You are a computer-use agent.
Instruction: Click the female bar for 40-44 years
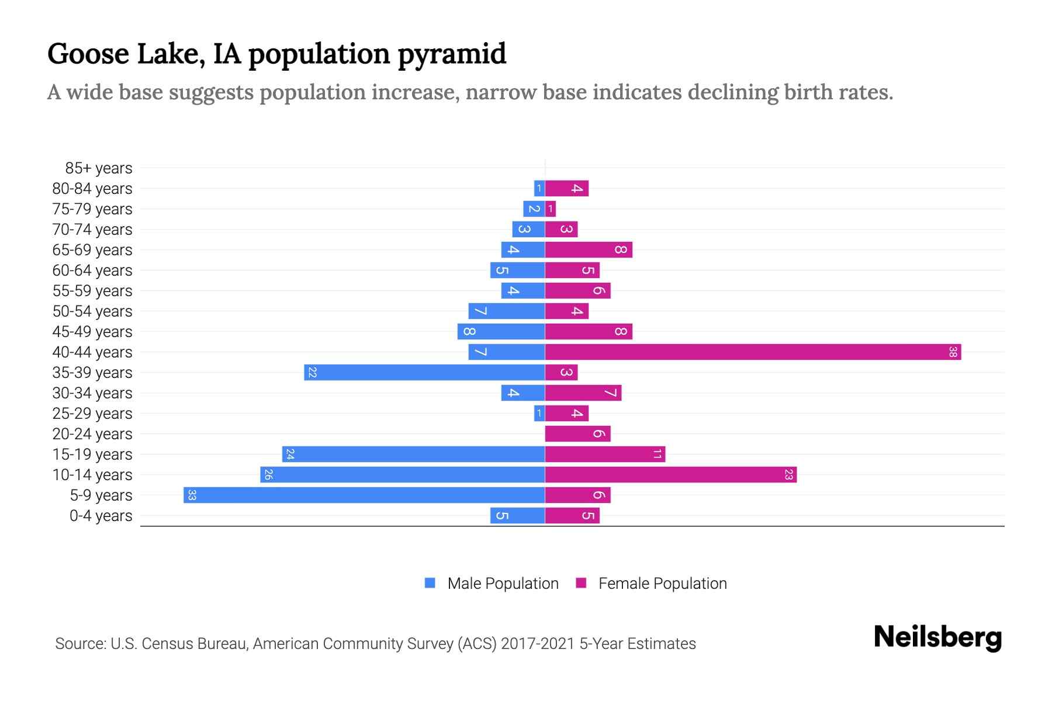753,352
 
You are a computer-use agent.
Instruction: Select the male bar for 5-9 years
364,495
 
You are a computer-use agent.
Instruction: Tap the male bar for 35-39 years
424,373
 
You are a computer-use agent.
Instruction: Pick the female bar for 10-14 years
671,475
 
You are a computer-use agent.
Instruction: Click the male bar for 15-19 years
413,454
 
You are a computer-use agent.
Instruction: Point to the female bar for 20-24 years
577,434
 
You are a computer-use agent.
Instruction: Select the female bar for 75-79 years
551,209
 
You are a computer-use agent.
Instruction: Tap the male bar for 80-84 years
539,189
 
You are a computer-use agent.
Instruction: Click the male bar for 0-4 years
517,516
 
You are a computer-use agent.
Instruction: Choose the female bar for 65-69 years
589,250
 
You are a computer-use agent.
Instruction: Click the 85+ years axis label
99,168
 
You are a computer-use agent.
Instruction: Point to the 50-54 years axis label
92,311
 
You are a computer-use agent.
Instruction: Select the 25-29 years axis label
92,414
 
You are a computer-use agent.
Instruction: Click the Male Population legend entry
503,584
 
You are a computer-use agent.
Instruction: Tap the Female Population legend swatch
581,583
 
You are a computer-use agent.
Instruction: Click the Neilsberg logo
937,637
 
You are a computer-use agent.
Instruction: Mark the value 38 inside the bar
953,352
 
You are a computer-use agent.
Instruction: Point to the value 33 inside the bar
192,495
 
